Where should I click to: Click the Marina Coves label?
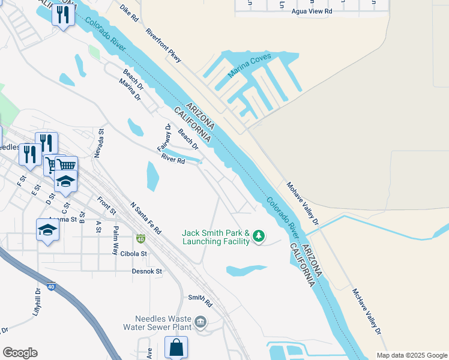(250, 65)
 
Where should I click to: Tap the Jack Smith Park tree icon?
(259, 236)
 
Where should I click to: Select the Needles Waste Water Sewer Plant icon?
(200, 323)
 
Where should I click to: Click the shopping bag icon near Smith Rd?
(176, 347)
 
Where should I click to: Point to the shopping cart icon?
(66, 164)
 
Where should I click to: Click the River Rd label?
(173, 159)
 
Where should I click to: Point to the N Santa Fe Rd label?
(146, 218)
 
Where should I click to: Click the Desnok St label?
(147, 271)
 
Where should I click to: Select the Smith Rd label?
(200, 298)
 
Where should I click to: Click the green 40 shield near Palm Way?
(140, 239)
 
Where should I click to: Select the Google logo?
(20, 353)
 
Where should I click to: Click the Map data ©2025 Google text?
(411, 355)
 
